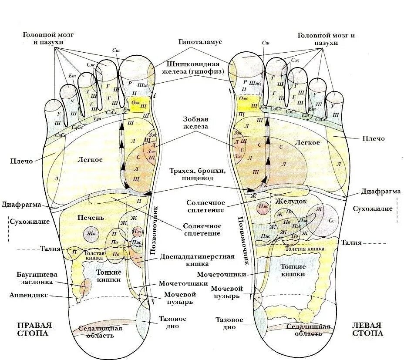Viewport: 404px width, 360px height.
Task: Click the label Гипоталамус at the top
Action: (200, 42)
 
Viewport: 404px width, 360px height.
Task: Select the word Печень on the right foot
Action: (90, 217)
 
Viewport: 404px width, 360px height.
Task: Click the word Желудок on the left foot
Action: (291, 202)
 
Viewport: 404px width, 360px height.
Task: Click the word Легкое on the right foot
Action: (90, 160)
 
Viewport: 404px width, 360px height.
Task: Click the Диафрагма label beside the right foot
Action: (21, 205)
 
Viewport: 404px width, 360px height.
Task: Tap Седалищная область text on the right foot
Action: (97, 332)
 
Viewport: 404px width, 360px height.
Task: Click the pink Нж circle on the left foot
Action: (263, 209)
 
